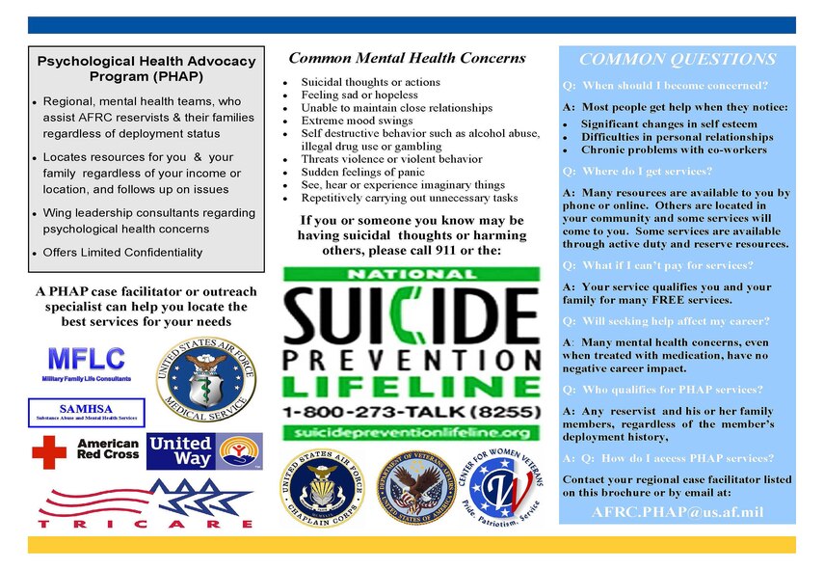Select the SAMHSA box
point(86,412)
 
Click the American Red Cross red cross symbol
point(49,450)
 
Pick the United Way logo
point(203,451)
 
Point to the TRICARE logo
point(146,504)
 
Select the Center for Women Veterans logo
point(505,488)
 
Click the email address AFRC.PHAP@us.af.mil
point(677,511)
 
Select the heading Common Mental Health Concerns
point(408,58)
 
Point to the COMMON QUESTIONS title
point(677,60)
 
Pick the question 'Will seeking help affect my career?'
point(665,321)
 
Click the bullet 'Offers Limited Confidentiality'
point(123,253)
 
